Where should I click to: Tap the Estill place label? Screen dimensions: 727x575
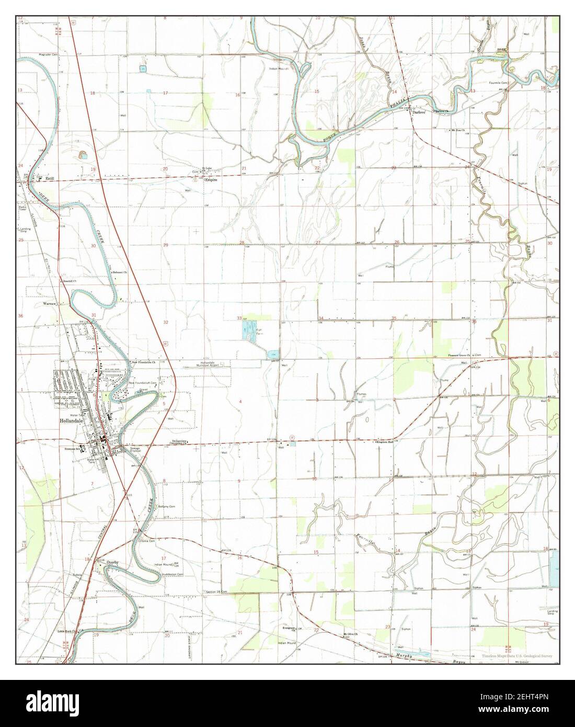(x=50, y=178)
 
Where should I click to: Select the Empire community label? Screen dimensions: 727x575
(x=210, y=179)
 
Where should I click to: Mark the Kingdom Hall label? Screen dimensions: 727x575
(x=388, y=442)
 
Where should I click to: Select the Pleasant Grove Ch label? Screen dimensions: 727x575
(x=459, y=355)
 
